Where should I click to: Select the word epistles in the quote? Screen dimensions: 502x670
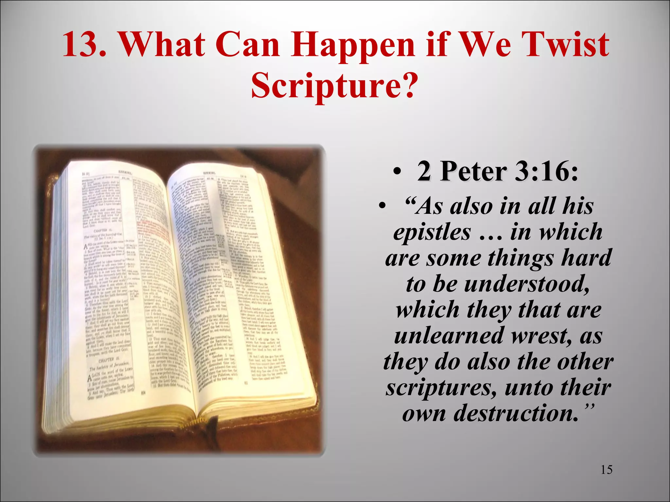point(432,232)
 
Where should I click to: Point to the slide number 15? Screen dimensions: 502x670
point(606,470)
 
